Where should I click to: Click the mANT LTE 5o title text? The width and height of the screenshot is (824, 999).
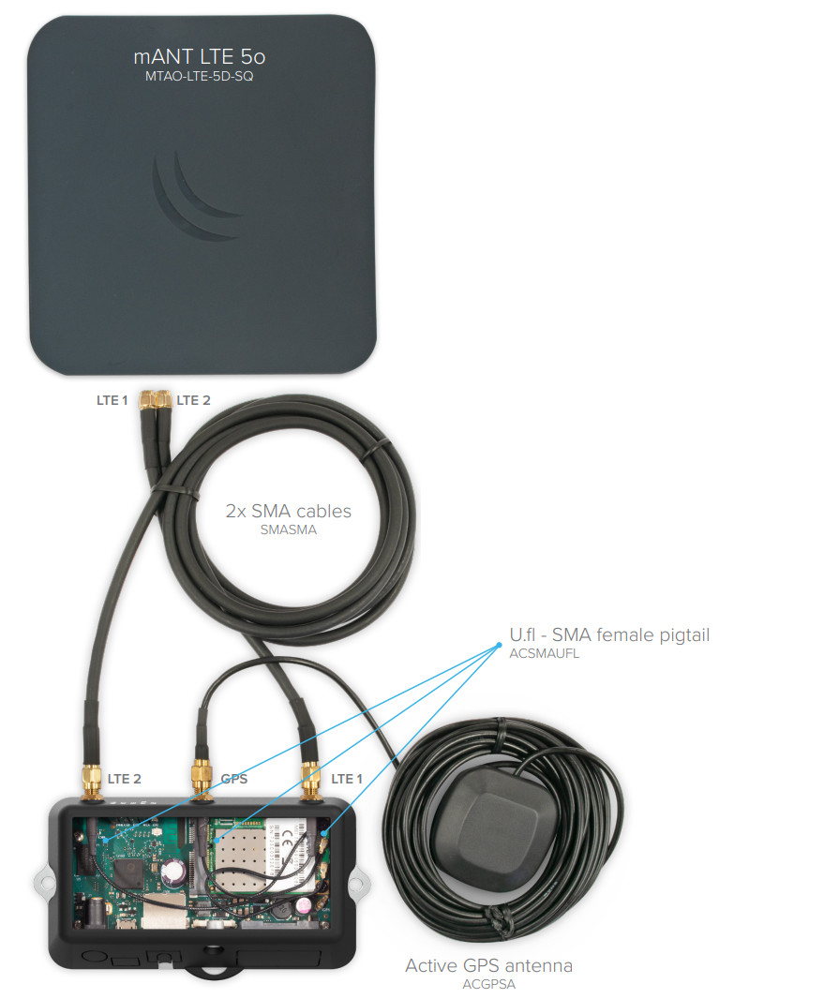click(x=200, y=57)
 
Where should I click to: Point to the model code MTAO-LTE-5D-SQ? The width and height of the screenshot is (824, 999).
click(x=200, y=77)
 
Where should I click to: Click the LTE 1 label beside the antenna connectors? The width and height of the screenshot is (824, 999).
click(x=112, y=401)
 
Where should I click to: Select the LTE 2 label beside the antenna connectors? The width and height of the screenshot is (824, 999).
click(x=194, y=401)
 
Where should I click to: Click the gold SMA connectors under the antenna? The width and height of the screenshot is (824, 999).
click(x=156, y=400)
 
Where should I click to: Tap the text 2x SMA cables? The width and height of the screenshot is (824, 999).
click(x=288, y=511)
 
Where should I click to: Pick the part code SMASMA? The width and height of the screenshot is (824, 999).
click(x=288, y=530)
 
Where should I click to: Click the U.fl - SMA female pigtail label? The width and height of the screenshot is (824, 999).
click(x=609, y=635)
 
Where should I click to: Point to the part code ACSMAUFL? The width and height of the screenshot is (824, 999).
click(x=545, y=654)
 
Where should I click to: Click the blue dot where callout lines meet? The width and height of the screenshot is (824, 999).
click(x=499, y=646)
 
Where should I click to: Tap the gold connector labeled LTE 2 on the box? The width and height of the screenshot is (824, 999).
click(x=92, y=783)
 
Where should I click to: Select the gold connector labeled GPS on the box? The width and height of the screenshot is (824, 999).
click(x=202, y=779)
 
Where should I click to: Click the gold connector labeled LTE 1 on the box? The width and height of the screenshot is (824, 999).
click(x=310, y=780)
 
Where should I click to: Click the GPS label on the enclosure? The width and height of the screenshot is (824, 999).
click(x=234, y=779)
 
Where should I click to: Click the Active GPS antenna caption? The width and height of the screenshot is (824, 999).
click(x=488, y=966)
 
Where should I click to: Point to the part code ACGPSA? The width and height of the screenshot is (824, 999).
click(x=488, y=984)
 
